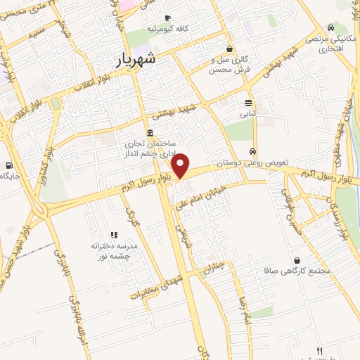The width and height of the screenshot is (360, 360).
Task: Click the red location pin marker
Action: pyautogui.click(x=181, y=165)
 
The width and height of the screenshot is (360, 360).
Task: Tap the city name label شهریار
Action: pyautogui.click(x=148, y=61)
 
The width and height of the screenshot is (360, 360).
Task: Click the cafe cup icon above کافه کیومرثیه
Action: pyautogui.click(x=167, y=18)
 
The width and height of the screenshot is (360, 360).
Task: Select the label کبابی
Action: pyautogui.click(x=249, y=112)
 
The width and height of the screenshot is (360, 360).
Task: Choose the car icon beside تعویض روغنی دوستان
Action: pyautogui.click(x=252, y=151)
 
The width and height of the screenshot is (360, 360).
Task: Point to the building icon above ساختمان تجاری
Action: pyautogui.click(x=150, y=134)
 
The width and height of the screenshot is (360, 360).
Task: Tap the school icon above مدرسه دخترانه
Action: pyautogui.click(x=113, y=236)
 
